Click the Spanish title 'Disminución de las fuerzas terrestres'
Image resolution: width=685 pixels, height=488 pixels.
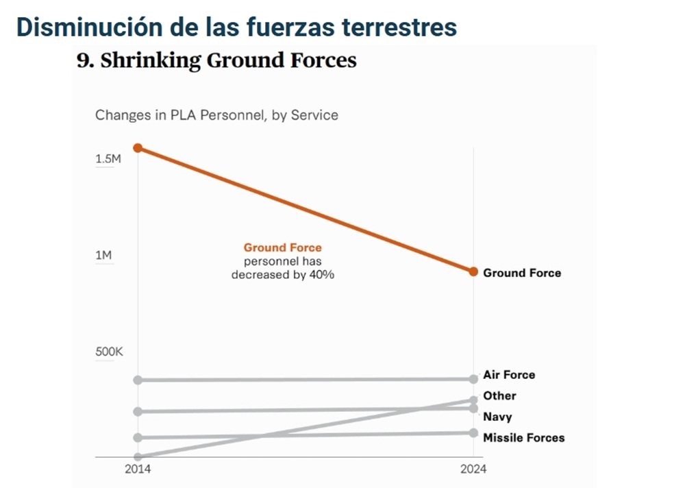coord(236,27)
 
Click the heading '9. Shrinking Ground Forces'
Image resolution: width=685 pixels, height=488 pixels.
coord(216,60)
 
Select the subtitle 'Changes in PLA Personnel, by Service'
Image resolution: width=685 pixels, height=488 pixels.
coord(216,114)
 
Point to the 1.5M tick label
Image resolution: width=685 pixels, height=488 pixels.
coord(108,159)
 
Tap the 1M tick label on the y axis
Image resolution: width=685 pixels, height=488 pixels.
coord(103,256)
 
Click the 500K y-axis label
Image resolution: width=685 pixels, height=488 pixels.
coord(109,352)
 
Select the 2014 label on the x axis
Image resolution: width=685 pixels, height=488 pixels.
coord(138,469)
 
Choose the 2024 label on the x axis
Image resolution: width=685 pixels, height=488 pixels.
coord(473,469)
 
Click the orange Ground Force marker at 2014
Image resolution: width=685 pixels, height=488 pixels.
coord(138,148)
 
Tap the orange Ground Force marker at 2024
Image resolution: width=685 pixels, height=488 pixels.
coord(473,271)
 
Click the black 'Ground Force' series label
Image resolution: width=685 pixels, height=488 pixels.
coord(522,273)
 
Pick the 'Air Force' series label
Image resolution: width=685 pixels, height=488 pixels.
coord(509,375)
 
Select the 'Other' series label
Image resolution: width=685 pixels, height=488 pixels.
coord(499,395)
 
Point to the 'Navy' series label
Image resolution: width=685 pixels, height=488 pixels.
coord(497,417)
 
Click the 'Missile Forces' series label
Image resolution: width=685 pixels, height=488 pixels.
coord(524,437)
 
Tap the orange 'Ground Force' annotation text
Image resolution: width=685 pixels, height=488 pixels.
coord(282,247)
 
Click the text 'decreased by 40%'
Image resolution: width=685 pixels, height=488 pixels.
coord(282,274)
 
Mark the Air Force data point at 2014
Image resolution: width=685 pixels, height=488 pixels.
coord(138,380)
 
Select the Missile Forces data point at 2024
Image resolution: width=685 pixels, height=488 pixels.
coord(473,432)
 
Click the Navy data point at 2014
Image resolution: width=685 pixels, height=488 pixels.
coord(138,411)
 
